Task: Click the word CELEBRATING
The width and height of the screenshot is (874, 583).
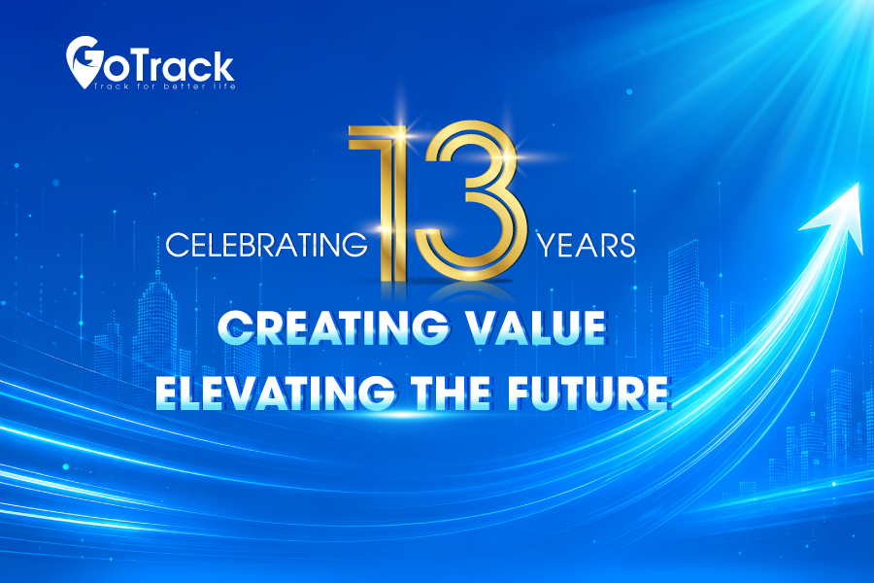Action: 267,244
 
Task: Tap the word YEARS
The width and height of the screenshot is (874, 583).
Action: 586,245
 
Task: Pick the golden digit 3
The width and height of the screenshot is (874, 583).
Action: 473,201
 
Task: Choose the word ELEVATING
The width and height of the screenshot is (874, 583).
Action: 276,393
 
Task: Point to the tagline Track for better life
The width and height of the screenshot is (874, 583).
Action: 164,86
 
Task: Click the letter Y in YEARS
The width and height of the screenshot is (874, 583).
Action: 546,246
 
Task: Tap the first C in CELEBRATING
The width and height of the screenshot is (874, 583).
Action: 177,245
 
